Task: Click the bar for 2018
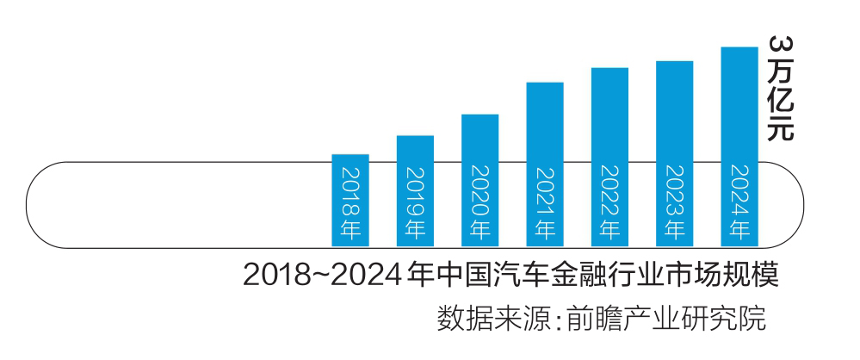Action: coord(350,200)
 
